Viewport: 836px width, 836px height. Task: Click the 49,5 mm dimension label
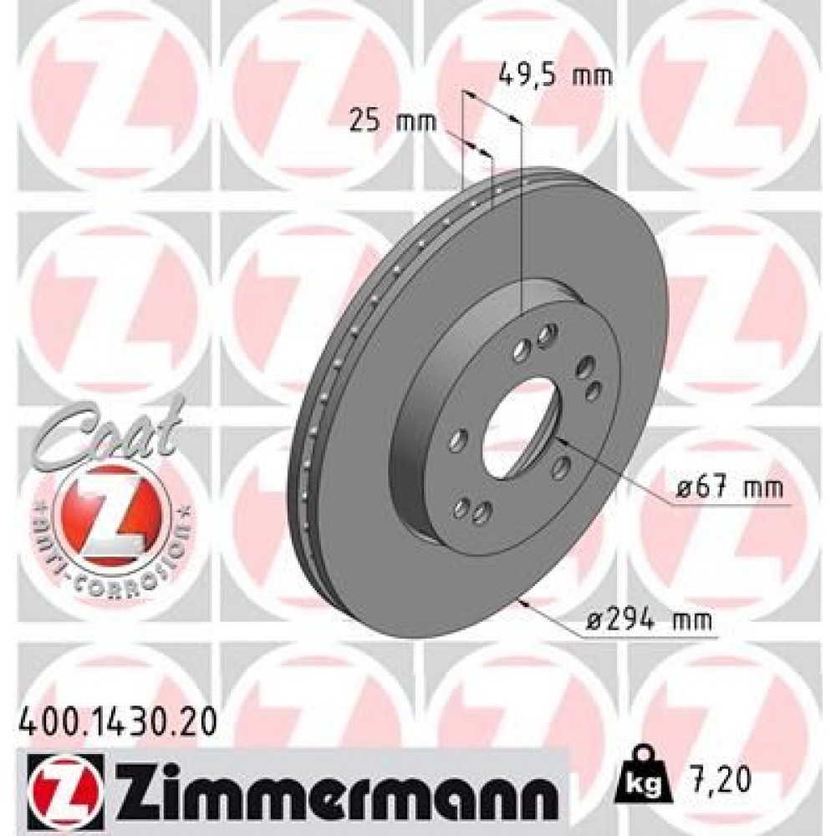554,76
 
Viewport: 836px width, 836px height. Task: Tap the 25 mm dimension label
392,121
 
